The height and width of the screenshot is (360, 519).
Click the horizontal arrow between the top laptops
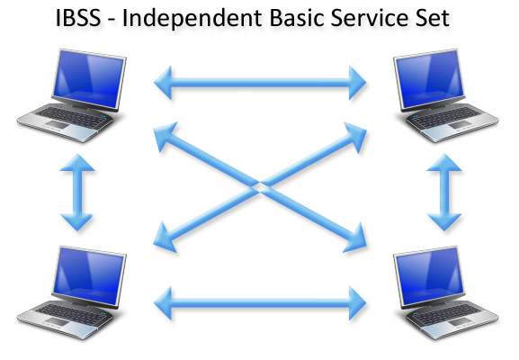pyautogui.click(x=260, y=85)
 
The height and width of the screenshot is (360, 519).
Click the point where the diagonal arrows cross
pyautogui.click(x=259, y=186)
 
